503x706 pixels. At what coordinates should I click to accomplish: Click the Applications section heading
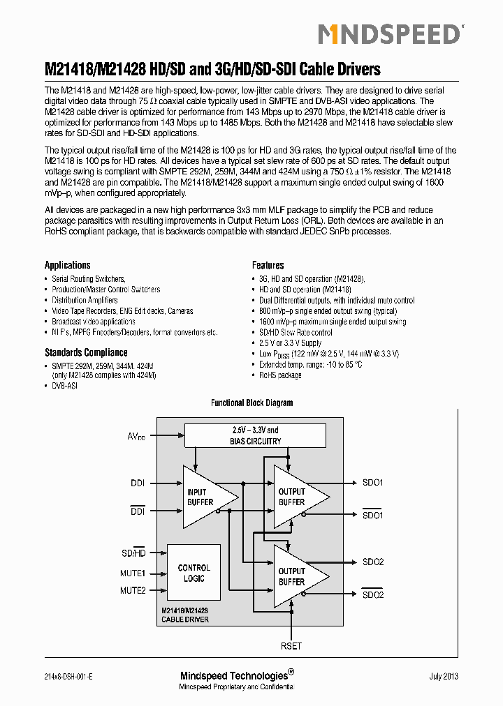68,265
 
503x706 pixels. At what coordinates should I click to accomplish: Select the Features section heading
268,265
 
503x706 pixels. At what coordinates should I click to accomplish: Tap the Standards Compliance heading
86,352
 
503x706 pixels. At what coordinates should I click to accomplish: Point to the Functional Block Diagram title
251,403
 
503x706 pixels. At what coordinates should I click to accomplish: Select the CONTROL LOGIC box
194,573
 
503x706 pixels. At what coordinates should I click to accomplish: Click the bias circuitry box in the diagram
255,435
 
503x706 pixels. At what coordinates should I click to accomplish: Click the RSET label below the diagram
291,646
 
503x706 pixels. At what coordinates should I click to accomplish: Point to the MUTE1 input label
133,573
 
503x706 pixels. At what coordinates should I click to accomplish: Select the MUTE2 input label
133,590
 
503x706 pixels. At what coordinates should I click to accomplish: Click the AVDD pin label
136,437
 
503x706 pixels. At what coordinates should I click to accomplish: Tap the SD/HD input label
133,553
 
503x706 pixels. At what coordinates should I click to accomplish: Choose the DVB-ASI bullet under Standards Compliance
64,385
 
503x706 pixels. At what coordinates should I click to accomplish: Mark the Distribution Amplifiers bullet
85,300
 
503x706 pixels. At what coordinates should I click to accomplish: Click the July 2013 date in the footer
444,676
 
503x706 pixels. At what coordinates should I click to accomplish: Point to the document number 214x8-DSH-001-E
68,676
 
